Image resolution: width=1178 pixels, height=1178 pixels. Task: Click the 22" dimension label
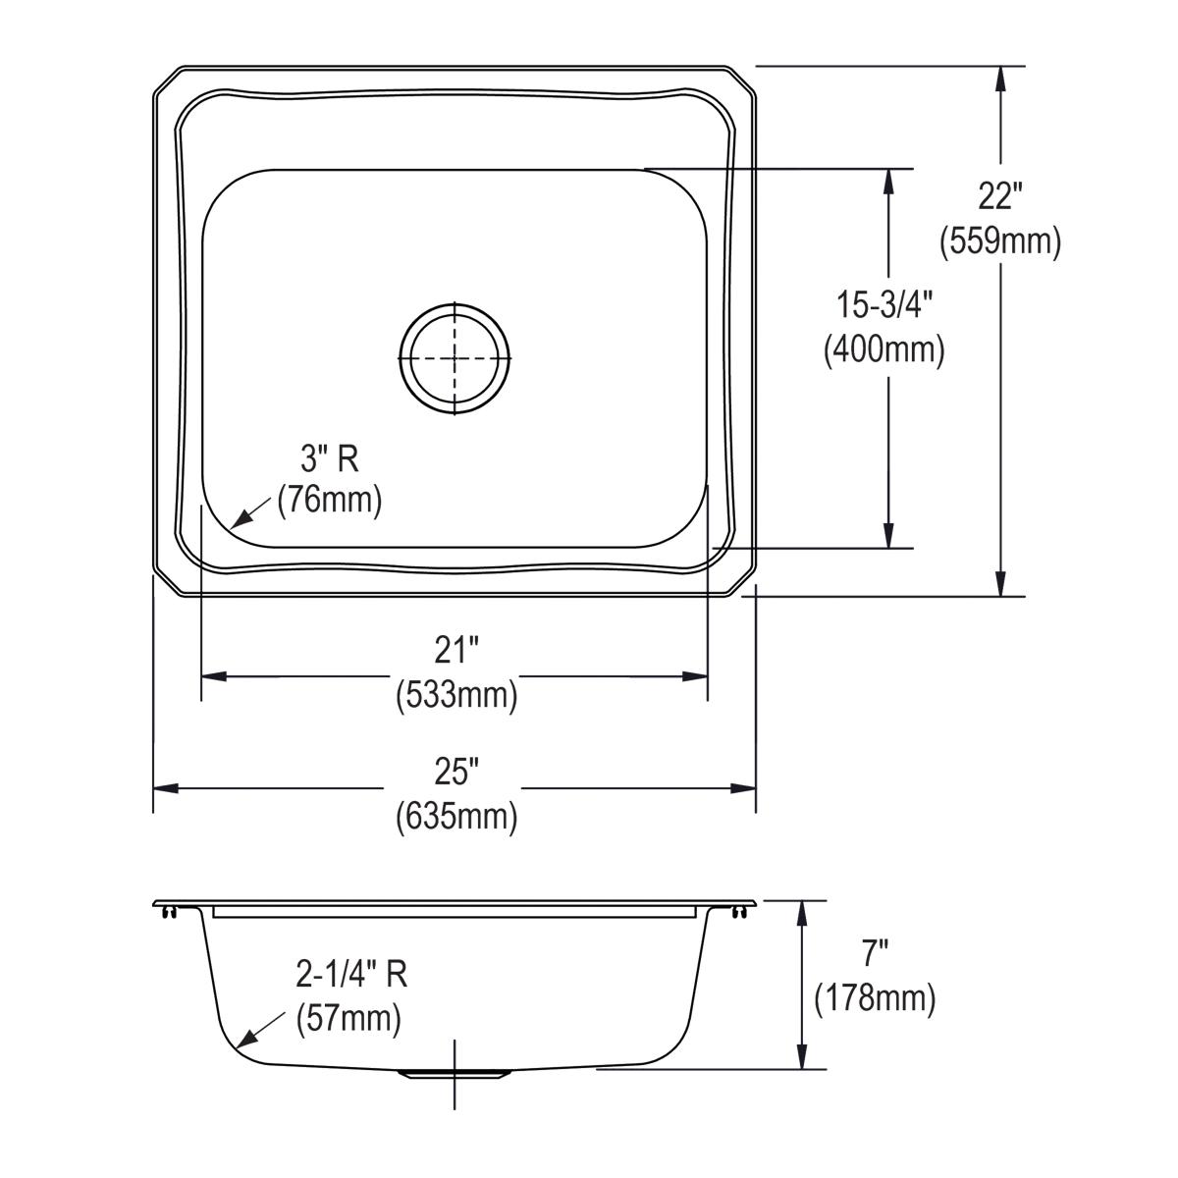[999, 196]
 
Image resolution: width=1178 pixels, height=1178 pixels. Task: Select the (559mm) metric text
[999, 241]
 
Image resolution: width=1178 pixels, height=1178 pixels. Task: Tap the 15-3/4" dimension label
[883, 305]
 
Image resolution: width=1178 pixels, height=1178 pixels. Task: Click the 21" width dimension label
[456, 650]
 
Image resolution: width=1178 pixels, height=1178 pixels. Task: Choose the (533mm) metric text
[456, 695]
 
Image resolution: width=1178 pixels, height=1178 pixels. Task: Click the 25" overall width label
[456, 772]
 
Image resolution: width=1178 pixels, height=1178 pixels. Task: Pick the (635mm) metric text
[456, 816]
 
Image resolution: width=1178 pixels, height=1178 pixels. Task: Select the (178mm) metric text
[875, 998]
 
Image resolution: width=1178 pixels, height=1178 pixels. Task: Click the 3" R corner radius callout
[328, 457]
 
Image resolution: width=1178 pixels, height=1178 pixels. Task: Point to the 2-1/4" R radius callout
[351, 974]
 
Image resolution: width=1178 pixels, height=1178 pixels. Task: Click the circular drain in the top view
[455, 358]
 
